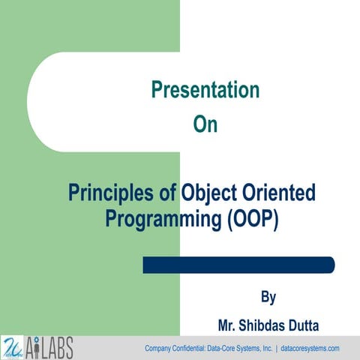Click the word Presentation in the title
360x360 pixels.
tap(205, 91)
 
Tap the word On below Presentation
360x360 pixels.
tap(205, 124)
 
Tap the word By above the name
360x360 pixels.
tap(268, 298)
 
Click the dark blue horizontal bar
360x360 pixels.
tap(238, 265)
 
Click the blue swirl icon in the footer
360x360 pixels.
tap(13, 346)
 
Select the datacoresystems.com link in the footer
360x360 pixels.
tap(310, 349)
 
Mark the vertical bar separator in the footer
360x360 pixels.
tap(277, 349)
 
